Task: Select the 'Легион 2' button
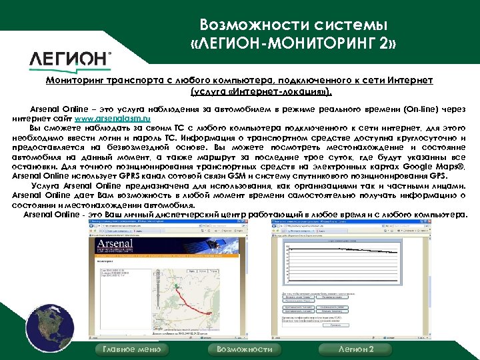point(356,349)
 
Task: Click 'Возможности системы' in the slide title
point(293,26)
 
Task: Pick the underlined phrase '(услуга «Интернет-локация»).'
point(261,91)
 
